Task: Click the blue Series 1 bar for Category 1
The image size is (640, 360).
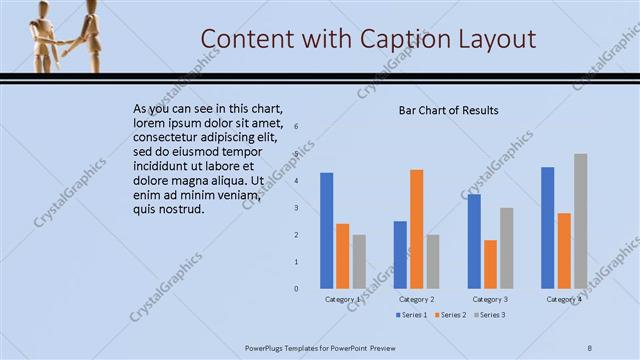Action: point(327,230)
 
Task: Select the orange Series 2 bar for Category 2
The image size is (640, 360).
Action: point(416,228)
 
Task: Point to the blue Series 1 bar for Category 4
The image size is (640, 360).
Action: point(547,227)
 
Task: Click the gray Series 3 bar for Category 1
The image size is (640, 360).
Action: point(359,261)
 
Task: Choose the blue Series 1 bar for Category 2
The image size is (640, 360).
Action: point(400,254)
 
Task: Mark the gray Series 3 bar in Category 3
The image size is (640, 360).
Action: point(506,247)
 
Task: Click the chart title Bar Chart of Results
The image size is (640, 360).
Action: point(448,110)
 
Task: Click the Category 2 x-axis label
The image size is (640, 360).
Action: point(416,299)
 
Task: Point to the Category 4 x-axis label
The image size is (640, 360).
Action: point(564,299)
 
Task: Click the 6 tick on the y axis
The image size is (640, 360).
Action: point(296,127)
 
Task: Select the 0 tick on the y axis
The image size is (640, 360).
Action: point(296,288)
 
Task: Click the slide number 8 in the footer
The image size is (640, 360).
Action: point(590,347)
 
